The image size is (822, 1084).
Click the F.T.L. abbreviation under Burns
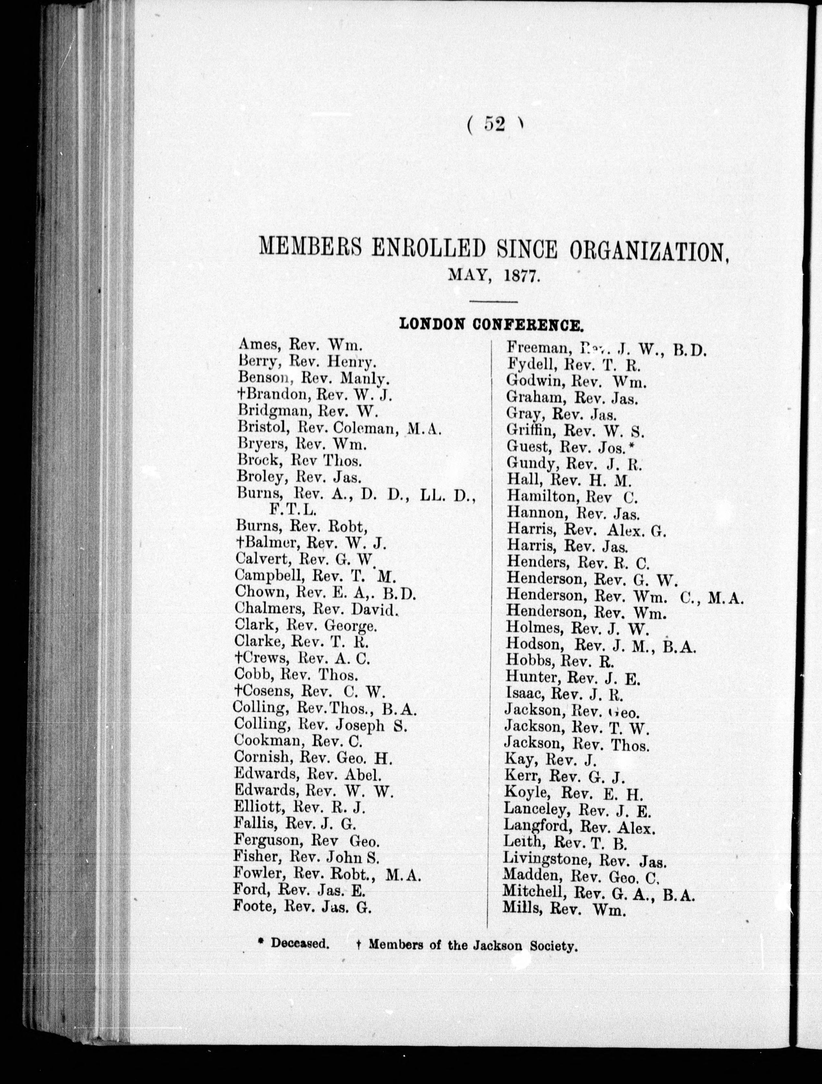click(292, 510)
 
